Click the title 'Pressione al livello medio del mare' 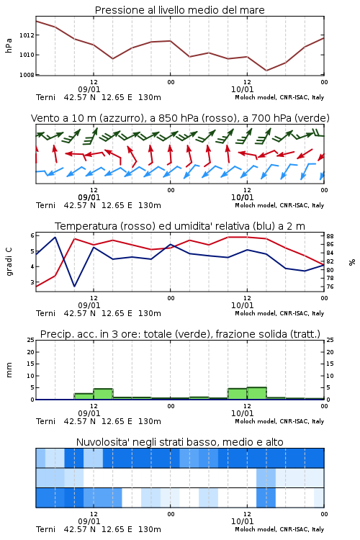179,10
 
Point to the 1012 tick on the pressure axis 27,35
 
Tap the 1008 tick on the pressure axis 27,74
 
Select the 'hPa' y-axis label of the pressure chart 9,45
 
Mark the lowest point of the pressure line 266,71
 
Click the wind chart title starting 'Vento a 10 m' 180,118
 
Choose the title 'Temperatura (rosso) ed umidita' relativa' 180,226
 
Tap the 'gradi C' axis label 9,261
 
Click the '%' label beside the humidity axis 352,262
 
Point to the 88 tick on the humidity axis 330,236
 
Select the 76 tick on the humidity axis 330,287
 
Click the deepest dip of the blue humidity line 74,287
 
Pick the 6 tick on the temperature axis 32,235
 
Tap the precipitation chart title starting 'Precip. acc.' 180,334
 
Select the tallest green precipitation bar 256,393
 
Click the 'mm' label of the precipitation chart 9,370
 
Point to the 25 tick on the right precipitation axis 330,340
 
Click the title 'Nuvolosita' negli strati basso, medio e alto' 180,442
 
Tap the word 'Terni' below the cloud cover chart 45,529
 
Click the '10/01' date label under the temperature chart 242,305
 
